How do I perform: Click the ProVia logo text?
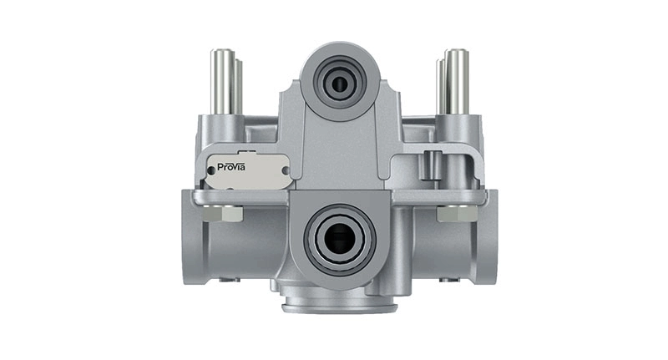231,167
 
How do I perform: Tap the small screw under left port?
225,280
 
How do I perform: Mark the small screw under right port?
453,280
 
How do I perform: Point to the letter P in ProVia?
220,167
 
